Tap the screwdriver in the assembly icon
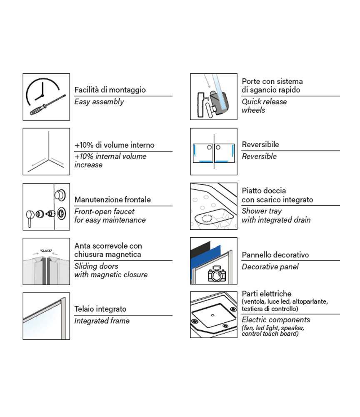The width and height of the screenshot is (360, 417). (48, 105)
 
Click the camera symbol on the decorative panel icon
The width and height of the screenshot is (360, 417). (217, 274)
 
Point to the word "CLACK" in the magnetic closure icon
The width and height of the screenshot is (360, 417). (46, 251)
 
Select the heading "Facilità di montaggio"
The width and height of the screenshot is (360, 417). (110, 90)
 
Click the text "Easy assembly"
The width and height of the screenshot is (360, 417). (99, 102)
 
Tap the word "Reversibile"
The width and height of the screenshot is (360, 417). (260, 144)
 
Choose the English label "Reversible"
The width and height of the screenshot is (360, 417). (259, 156)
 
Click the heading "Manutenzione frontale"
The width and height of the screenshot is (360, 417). (112, 199)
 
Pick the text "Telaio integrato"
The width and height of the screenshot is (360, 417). (100, 309)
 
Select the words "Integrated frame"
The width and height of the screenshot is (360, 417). (102, 321)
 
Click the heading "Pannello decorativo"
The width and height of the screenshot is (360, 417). (275, 255)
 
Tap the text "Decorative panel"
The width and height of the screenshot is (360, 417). (270, 266)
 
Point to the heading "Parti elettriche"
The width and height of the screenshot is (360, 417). (267, 294)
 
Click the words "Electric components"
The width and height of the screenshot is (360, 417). (276, 320)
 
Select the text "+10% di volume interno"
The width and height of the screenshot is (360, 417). (115, 145)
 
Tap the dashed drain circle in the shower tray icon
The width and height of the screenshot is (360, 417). (206, 219)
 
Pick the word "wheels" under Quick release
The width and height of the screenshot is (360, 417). (253, 110)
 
